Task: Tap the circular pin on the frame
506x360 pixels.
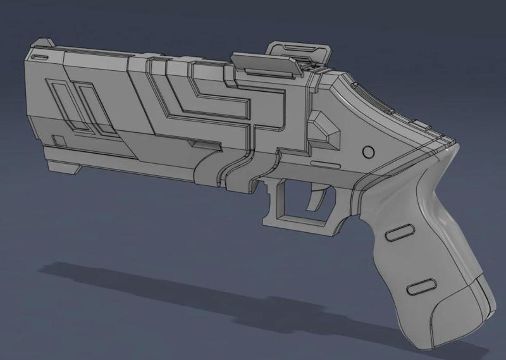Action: coord(369,152)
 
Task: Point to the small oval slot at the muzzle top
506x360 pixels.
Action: coord(40,57)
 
